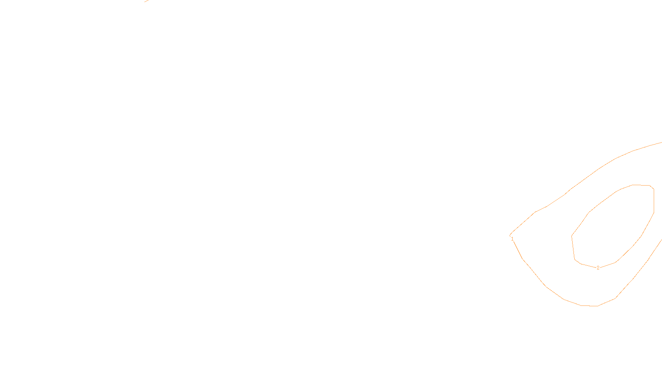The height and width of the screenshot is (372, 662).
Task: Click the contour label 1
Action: click(x=512, y=239)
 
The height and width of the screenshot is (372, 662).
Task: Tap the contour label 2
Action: click(x=598, y=268)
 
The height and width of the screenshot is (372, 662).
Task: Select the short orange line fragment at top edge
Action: click(x=146, y=1)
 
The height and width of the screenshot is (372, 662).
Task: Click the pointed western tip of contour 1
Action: click(x=510, y=235)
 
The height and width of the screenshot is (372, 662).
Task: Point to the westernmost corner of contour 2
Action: click(x=572, y=236)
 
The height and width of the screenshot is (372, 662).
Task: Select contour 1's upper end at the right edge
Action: click(x=661, y=143)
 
